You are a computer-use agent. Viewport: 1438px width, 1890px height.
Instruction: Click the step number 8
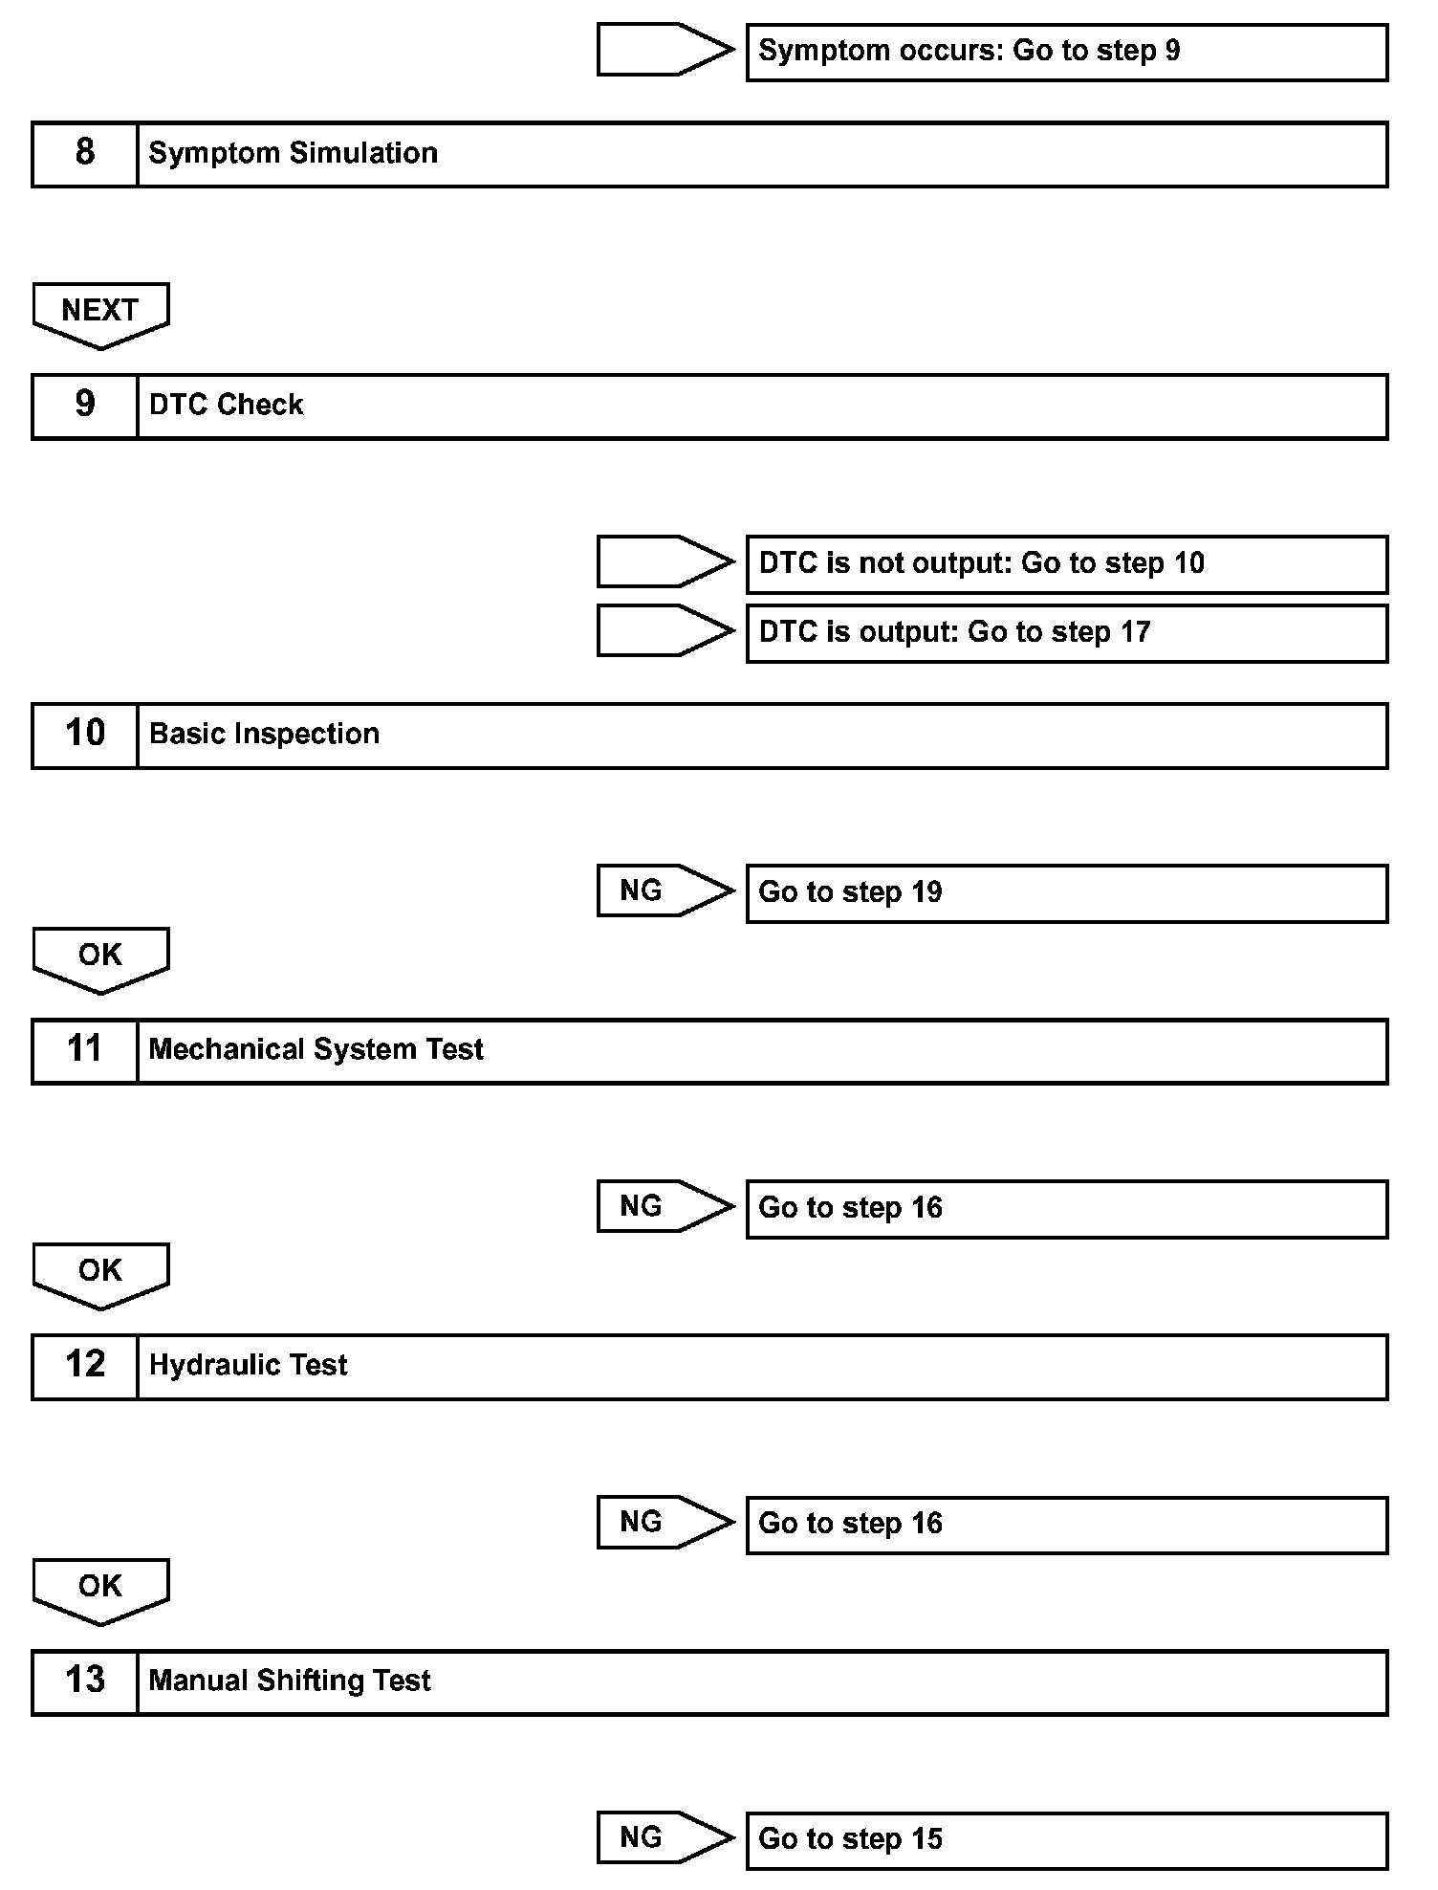click(x=85, y=153)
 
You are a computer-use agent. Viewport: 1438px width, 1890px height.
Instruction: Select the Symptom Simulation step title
click(x=293, y=153)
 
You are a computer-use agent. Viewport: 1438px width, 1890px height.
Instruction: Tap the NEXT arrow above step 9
click(x=100, y=313)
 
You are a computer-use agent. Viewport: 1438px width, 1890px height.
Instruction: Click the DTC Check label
click(x=226, y=405)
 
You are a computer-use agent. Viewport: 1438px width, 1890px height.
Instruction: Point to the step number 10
click(x=85, y=734)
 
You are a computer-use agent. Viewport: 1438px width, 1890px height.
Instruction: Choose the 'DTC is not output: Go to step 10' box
click(x=1065, y=563)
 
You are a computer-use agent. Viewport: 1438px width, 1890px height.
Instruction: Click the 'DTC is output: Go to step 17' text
click(x=954, y=632)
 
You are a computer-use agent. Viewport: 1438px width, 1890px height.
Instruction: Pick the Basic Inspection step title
click(x=264, y=734)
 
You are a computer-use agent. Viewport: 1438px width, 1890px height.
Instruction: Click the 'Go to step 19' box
click(x=1065, y=892)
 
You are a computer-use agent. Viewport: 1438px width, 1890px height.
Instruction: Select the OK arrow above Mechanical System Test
click(x=100, y=957)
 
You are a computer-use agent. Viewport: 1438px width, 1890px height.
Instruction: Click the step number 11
click(x=85, y=1049)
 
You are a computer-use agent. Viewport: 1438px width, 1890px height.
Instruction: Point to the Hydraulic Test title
click(x=248, y=1365)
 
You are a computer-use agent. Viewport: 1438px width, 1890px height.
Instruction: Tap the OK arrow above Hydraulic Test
click(x=100, y=1273)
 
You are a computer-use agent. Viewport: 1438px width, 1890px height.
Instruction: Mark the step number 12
click(x=85, y=1365)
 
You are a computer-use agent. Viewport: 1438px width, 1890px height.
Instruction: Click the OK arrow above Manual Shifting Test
click(x=100, y=1589)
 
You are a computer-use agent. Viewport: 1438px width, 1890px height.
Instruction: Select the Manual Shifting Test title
click(x=290, y=1681)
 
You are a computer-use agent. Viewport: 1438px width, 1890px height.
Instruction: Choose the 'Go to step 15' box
click(x=1065, y=1839)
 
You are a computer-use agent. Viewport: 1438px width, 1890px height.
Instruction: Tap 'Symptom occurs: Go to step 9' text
click(x=969, y=51)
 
